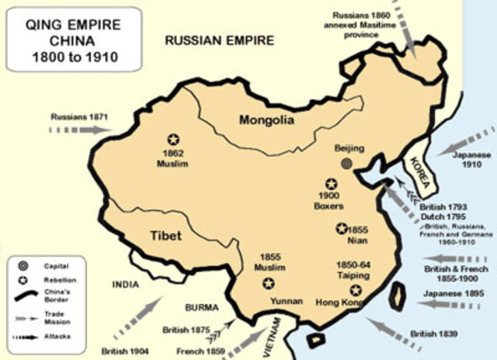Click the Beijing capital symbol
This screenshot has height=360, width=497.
point(346,162)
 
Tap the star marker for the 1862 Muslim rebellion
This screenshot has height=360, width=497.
point(172,140)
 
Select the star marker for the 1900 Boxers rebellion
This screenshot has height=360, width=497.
point(331,184)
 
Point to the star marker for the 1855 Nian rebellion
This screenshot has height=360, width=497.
point(341,228)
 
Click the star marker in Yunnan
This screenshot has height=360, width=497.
point(269,283)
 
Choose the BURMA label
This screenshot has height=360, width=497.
point(204,307)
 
